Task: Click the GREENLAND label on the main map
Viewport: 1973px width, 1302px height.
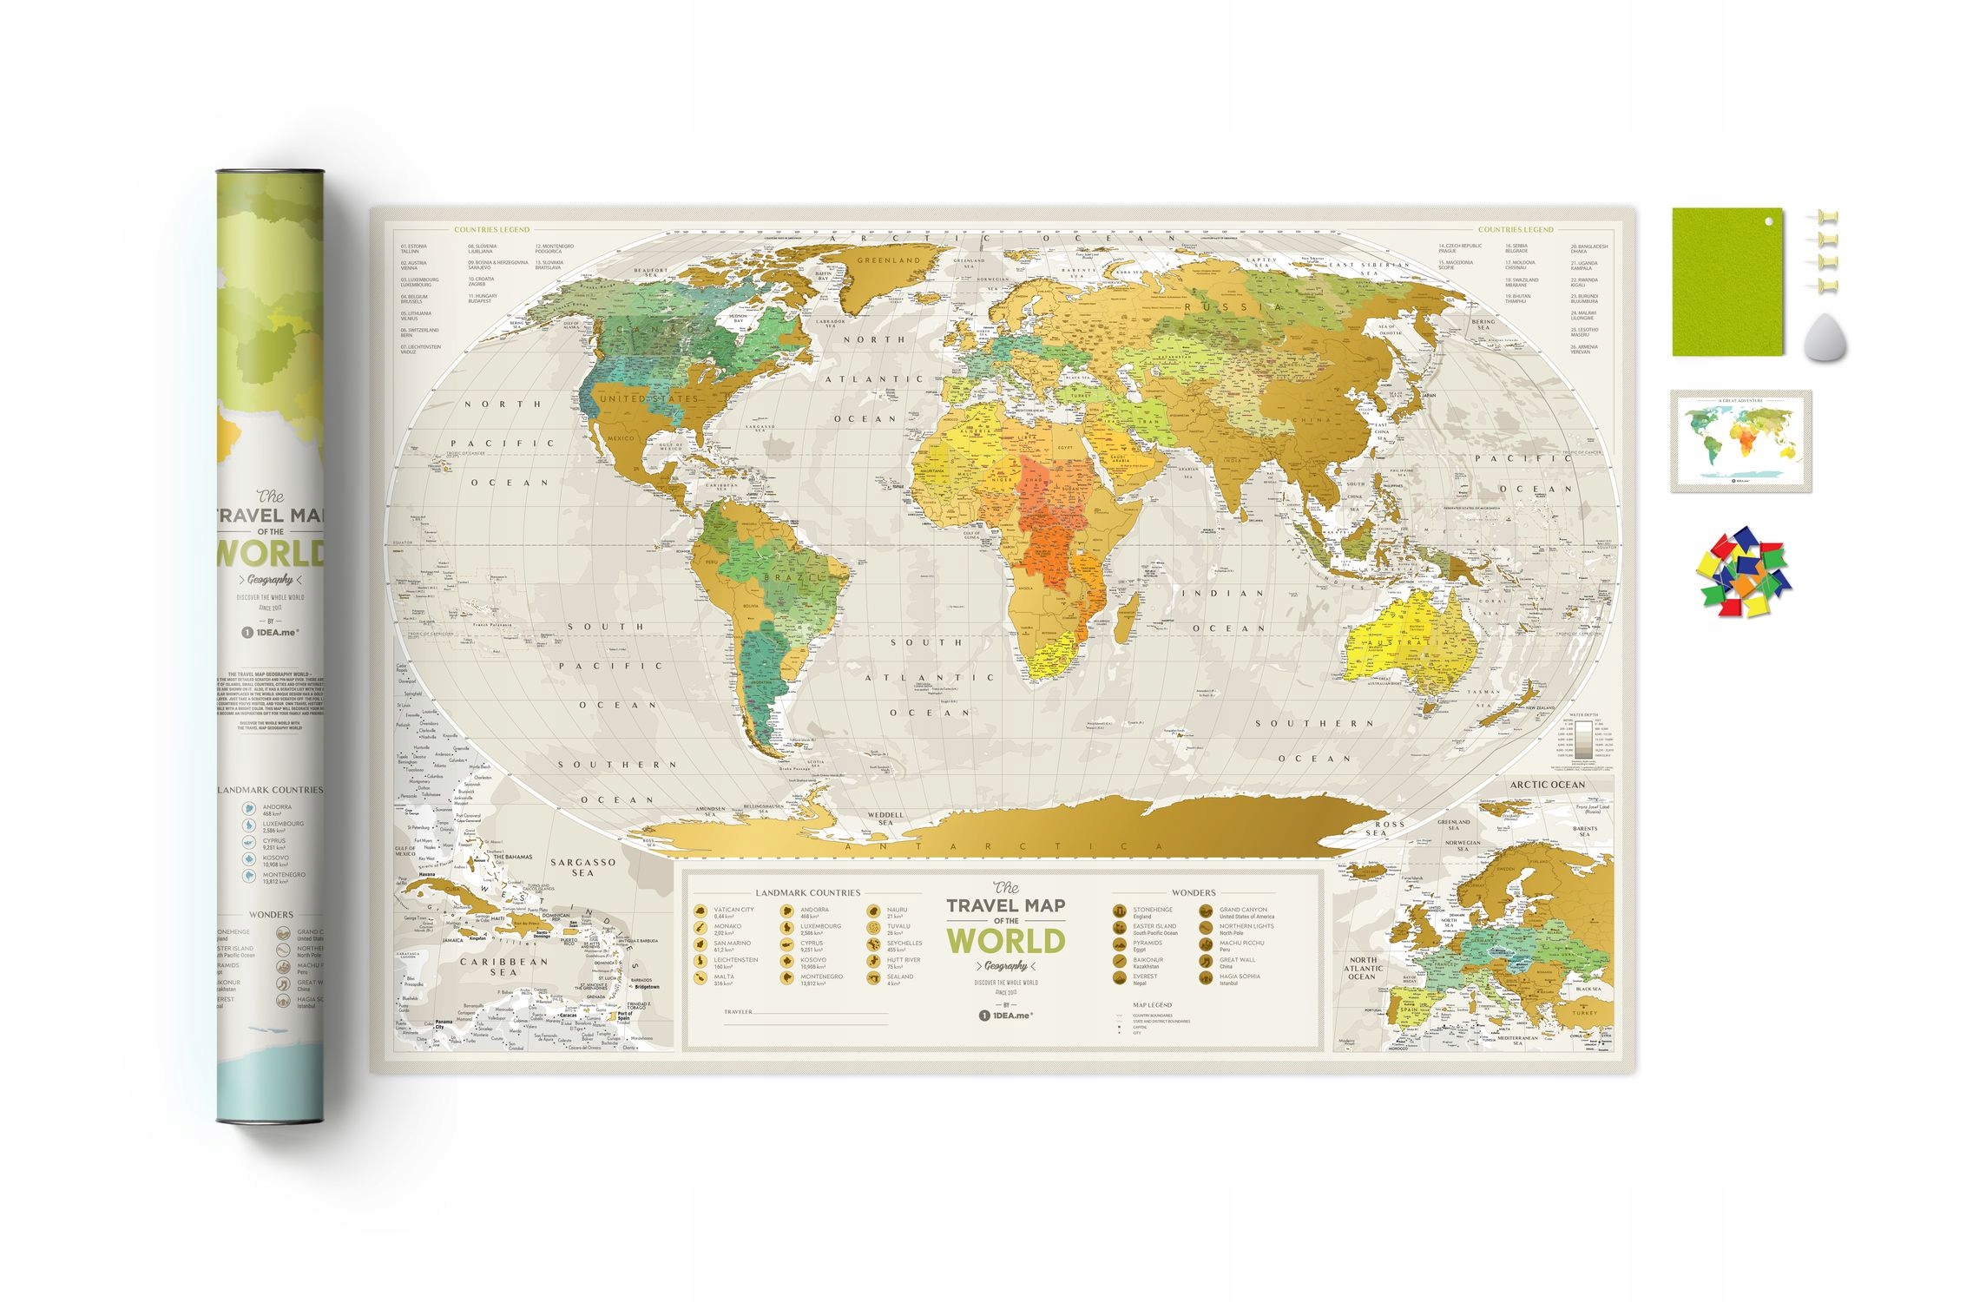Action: coord(888,260)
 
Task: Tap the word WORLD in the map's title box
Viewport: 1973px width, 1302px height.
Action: coord(1005,941)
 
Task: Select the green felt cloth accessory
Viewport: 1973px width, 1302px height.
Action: coord(1726,281)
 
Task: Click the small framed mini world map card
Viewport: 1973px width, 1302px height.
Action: coord(1740,441)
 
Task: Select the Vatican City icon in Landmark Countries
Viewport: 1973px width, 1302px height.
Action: coord(700,911)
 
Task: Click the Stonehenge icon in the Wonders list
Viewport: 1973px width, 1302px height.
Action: coord(1120,911)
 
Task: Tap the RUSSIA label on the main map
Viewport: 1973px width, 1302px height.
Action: coord(1233,307)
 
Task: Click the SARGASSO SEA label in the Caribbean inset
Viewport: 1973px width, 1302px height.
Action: coord(582,867)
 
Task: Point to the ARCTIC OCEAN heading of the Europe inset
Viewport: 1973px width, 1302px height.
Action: coord(1547,785)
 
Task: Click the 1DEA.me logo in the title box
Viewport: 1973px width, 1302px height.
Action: coord(1005,1015)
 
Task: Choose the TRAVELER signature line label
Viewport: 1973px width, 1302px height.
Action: coord(738,1012)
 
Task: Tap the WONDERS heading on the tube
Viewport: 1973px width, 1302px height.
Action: coord(271,915)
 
